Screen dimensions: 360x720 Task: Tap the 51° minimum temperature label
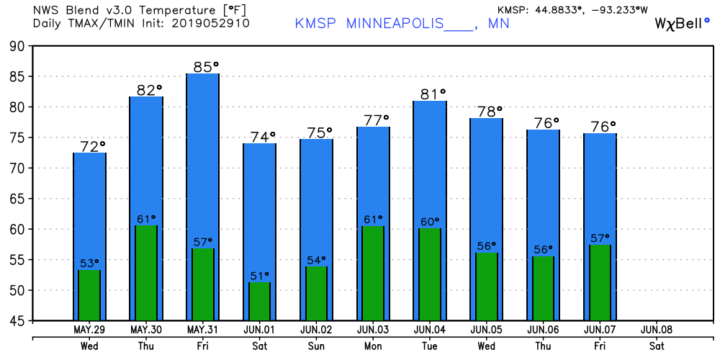coord(259,275)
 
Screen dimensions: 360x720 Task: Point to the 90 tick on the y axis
coord(16,46)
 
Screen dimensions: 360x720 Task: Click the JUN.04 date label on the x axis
coord(430,330)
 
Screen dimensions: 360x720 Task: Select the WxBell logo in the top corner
coord(681,23)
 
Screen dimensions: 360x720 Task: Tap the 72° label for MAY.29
coord(92,147)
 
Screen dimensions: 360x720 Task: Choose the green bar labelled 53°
coord(89,295)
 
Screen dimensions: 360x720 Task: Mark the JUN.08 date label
coord(657,330)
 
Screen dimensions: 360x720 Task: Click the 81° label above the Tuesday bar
coord(433,94)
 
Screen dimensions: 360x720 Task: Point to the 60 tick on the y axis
coord(16,229)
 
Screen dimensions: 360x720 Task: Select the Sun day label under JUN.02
coord(315,345)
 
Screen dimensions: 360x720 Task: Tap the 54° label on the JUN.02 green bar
coord(315,260)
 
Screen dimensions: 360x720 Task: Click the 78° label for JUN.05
coord(490,112)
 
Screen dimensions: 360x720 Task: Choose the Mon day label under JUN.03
coord(373,345)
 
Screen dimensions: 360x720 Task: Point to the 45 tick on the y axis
coord(16,320)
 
